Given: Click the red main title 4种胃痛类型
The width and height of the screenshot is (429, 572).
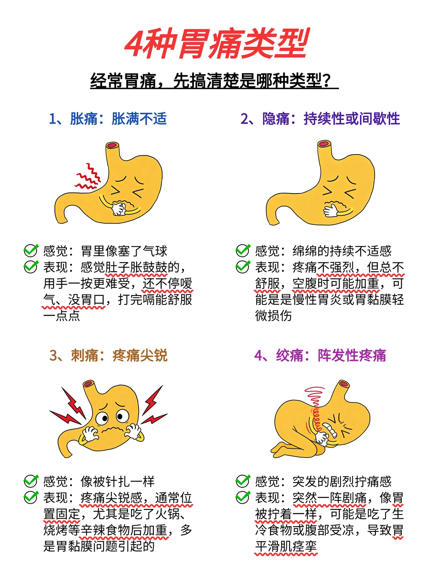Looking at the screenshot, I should point(216,43).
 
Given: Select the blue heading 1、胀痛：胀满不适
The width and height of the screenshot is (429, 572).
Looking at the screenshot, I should point(108,119).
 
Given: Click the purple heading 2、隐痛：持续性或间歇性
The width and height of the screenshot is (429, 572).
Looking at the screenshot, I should point(320,119).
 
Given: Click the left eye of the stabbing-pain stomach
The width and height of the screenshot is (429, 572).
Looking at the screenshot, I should point(103,418).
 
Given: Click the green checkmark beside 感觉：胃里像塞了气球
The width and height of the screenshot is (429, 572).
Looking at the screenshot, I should point(31,251).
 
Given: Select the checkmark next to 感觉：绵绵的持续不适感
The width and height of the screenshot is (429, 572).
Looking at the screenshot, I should point(242,251).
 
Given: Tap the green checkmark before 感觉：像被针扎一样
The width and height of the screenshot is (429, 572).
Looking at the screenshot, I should point(31,481).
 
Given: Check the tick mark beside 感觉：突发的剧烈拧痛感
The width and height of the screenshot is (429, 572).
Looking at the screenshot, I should point(242,481).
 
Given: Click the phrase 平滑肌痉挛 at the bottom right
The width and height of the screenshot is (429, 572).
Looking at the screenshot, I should point(286,547).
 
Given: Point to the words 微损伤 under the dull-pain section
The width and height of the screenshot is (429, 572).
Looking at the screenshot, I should point(274,316).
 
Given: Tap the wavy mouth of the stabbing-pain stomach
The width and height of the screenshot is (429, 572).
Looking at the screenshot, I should point(113,430).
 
